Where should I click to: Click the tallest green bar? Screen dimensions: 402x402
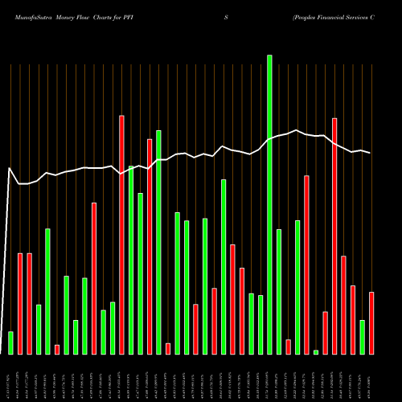(269, 204)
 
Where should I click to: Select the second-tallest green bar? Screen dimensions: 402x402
(158, 241)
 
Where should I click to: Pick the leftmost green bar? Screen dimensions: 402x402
(10, 343)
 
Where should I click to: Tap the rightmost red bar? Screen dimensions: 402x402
(371, 322)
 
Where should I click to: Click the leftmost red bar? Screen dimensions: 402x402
(20, 303)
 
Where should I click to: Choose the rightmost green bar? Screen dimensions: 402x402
(362, 337)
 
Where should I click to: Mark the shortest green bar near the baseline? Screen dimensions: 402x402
(316, 351)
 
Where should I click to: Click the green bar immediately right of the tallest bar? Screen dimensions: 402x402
(279, 291)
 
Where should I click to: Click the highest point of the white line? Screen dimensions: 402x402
(297, 130)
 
